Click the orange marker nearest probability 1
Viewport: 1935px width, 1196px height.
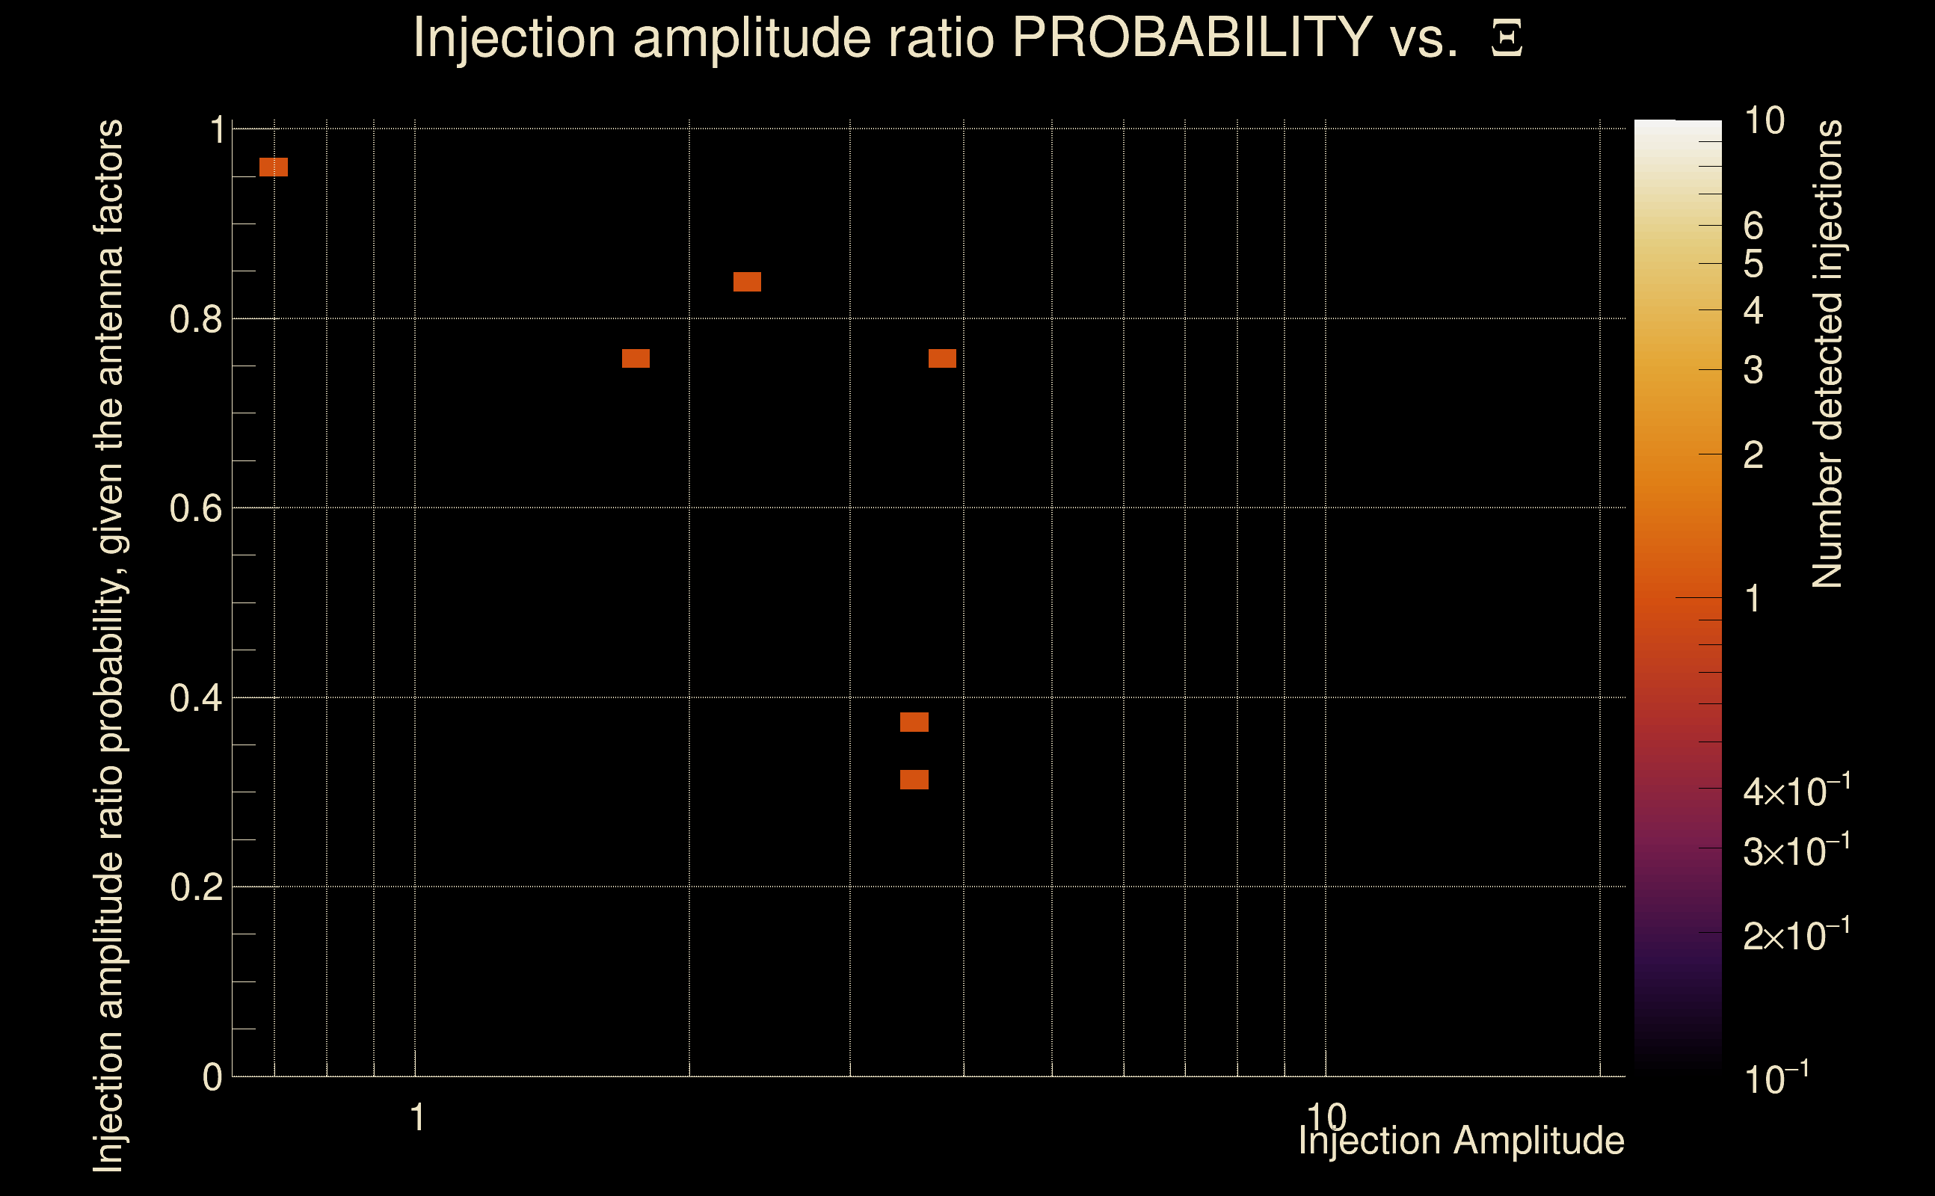tap(274, 167)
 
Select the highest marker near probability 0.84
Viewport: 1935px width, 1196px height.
tap(747, 282)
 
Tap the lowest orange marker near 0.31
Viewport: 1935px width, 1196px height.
tap(914, 780)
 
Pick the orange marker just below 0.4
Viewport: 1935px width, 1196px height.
tap(914, 722)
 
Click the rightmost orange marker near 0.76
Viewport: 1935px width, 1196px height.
tap(941, 358)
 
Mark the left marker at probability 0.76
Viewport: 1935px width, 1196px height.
tap(636, 358)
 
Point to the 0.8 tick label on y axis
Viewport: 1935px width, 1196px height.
tap(195, 320)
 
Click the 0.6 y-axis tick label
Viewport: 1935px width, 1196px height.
tap(195, 508)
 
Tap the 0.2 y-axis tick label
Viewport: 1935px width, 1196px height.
tap(195, 887)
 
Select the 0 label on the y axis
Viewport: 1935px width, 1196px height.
tap(212, 1077)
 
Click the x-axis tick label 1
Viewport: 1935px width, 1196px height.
tap(417, 1118)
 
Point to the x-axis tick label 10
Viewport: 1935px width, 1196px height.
tap(1326, 1117)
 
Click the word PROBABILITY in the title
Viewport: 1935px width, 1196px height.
tap(1192, 37)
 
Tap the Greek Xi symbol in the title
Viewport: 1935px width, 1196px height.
tap(1507, 38)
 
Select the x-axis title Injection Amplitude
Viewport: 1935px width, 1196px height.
tap(1461, 1141)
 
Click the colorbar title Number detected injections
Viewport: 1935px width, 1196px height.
tap(1827, 354)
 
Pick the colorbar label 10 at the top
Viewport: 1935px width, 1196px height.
tap(1764, 121)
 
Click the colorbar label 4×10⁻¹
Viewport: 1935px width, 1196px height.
tap(1796, 791)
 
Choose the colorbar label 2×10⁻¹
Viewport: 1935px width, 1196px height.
tap(1796, 936)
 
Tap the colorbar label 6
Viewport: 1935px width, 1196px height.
tap(1753, 226)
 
